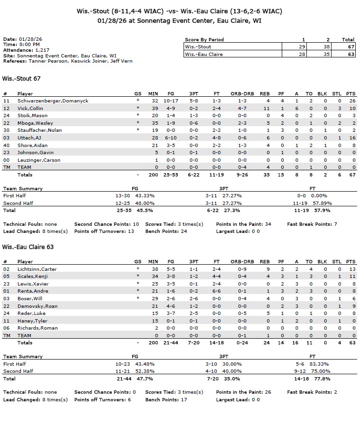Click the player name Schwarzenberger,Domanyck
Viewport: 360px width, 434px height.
(x=53, y=101)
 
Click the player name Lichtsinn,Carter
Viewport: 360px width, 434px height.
(x=37, y=269)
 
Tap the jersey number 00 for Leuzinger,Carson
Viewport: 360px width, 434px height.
(x=6, y=160)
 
